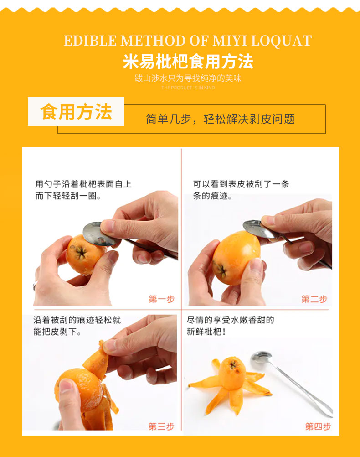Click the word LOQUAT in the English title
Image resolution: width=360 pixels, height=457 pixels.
pyautogui.click(x=281, y=41)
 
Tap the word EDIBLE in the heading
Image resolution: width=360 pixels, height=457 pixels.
pyautogui.click(x=90, y=41)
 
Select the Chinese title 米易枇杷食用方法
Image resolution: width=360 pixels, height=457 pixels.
pyautogui.click(x=188, y=62)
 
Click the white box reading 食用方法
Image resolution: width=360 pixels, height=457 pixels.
pyautogui.click(x=76, y=112)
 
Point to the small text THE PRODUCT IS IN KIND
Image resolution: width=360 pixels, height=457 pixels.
pyautogui.click(x=188, y=88)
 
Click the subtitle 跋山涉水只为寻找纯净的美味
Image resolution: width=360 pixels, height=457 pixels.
pyautogui.click(x=188, y=78)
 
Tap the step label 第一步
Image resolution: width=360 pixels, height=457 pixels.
pyautogui.click(x=162, y=299)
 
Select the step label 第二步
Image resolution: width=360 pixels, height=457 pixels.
pyautogui.click(x=314, y=299)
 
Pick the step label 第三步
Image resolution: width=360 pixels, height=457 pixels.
pyautogui.click(x=161, y=426)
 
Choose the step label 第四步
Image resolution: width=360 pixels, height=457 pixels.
pyautogui.click(x=318, y=426)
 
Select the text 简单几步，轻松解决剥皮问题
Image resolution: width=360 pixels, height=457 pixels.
pyautogui.click(x=221, y=119)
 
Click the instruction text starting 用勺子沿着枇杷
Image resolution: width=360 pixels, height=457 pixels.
pyautogui.click(x=83, y=190)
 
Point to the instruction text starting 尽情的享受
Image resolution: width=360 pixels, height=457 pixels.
pyautogui.click(x=231, y=326)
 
